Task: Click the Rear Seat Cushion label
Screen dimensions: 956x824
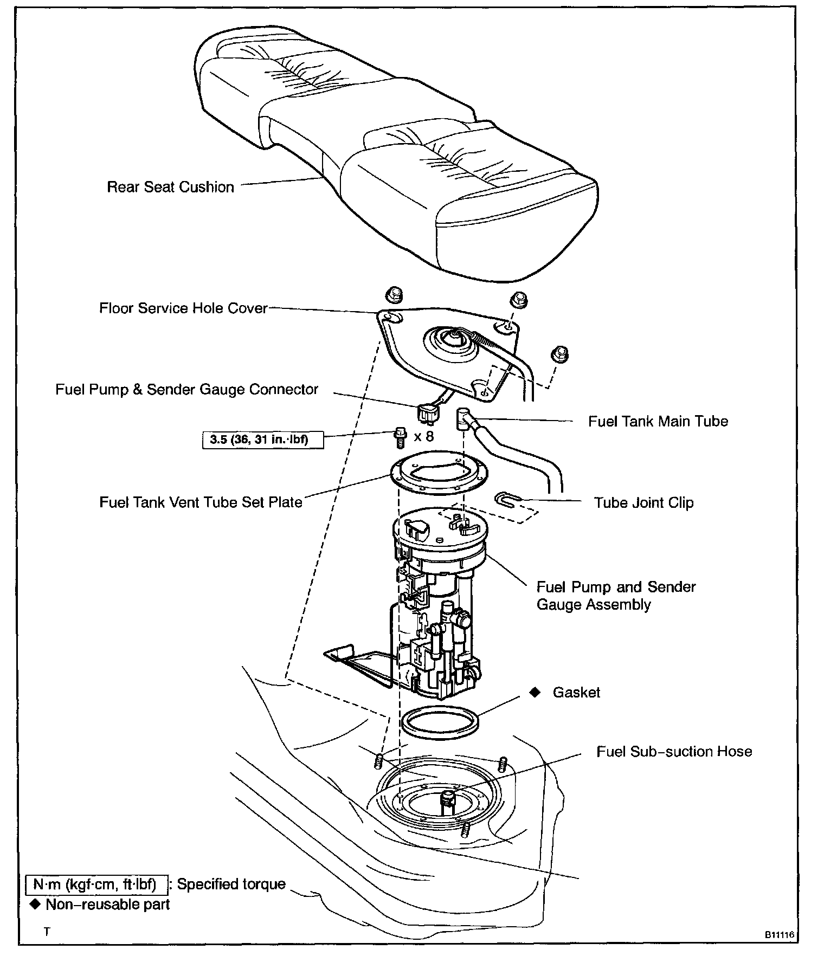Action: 170,187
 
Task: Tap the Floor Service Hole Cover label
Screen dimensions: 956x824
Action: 183,308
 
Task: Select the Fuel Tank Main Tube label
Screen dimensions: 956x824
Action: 658,421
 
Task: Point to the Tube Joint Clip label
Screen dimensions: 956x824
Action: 643,502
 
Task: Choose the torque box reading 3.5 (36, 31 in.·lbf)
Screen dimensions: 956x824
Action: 259,439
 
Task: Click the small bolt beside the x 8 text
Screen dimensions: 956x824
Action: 400,438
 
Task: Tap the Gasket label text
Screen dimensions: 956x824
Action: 576,692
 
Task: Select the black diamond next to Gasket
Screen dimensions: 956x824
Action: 535,692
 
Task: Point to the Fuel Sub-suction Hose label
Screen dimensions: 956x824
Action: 674,751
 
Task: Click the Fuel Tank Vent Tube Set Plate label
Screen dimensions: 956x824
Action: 201,502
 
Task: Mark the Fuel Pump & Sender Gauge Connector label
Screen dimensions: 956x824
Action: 186,389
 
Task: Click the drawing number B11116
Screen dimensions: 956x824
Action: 779,935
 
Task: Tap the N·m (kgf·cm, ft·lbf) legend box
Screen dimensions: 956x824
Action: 95,884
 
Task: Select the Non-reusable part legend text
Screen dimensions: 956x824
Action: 108,904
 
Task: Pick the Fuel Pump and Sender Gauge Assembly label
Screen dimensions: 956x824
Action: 616,595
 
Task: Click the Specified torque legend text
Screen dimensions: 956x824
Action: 231,884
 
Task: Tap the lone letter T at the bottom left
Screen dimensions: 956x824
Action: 47,932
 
